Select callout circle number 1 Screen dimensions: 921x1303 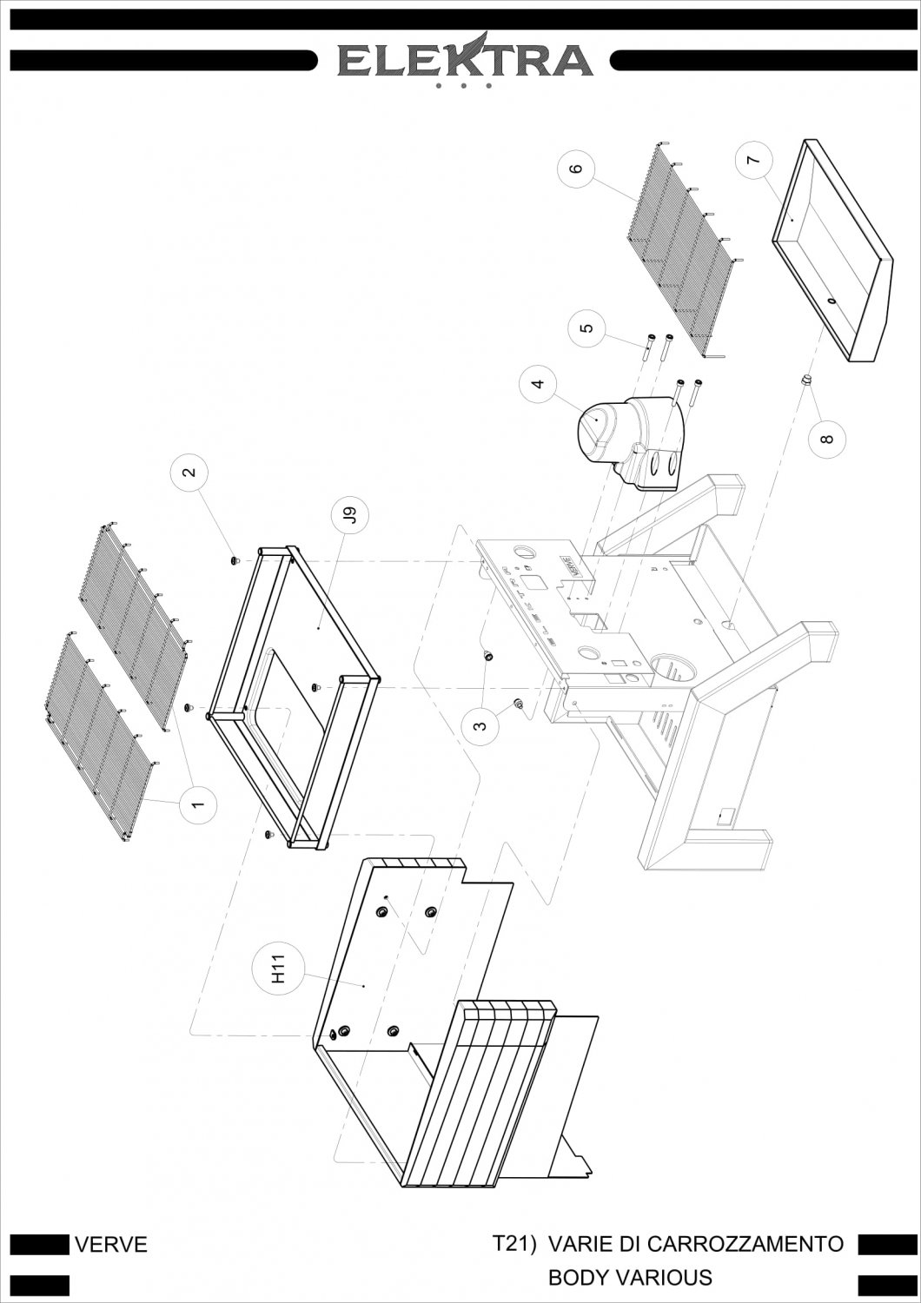(198, 805)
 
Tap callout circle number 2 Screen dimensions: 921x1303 (189, 471)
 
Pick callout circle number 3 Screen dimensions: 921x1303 (480, 726)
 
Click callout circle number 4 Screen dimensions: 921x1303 (539, 384)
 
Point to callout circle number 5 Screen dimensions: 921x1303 (587, 327)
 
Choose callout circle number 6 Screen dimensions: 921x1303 (576, 169)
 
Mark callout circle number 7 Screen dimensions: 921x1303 (754, 160)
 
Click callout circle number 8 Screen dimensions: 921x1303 (827, 439)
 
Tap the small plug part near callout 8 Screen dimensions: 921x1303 (805, 381)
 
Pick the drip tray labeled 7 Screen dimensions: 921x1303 (832, 250)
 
